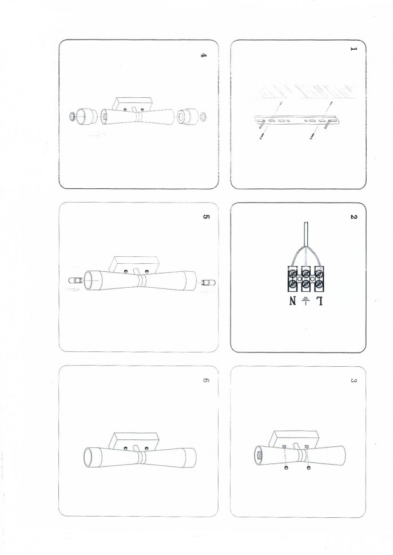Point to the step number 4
(x=204, y=55)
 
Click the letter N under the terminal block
(x=292, y=301)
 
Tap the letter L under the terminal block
(x=319, y=301)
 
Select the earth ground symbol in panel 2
(x=305, y=301)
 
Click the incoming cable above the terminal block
(x=305, y=233)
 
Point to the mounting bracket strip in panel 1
(x=297, y=121)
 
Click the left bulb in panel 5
(x=75, y=282)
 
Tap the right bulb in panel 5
(x=208, y=282)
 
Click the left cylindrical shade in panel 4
(x=87, y=117)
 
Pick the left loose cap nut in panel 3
(x=285, y=468)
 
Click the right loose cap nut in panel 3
(x=309, y=468)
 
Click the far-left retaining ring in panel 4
(x=72, y=117)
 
